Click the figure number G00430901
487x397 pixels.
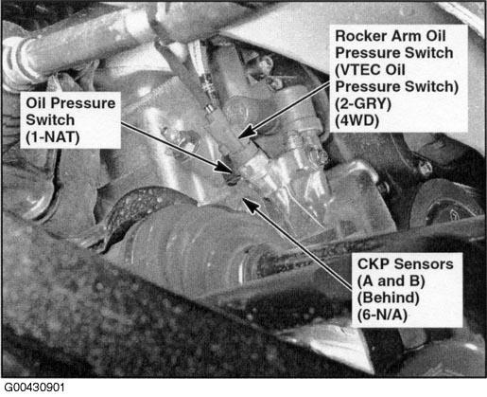[34, 388]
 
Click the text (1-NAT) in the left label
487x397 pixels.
[53, 137]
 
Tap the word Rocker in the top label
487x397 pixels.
[360, 36]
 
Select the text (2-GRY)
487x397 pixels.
[363, 104]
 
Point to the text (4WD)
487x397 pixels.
[357, 120]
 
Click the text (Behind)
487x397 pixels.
[389, 298]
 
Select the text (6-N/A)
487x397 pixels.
[382, 315]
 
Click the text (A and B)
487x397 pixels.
[391, 280]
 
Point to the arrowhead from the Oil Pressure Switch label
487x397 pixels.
[226, 167]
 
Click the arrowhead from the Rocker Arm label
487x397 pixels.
[247, 131]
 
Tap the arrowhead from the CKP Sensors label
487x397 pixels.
[250, 206]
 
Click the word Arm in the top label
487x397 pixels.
[406, 36]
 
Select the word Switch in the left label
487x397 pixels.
[50, 120]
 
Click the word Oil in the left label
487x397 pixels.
[36, 103]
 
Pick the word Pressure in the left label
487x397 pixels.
[83, 103]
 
